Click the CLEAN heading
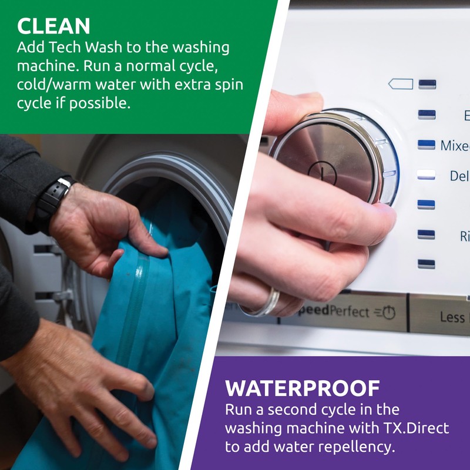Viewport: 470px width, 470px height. point(53,26)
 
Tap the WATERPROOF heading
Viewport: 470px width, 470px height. point(303,388)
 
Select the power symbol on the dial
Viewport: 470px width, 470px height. point(322,172)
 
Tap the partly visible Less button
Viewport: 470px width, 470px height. point(452,317)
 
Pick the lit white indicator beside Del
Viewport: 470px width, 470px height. point(426,175)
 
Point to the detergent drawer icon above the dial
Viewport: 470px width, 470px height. point(401,84)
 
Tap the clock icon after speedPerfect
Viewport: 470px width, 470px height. point(388,313)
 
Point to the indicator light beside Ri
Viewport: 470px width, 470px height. point(426,235)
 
